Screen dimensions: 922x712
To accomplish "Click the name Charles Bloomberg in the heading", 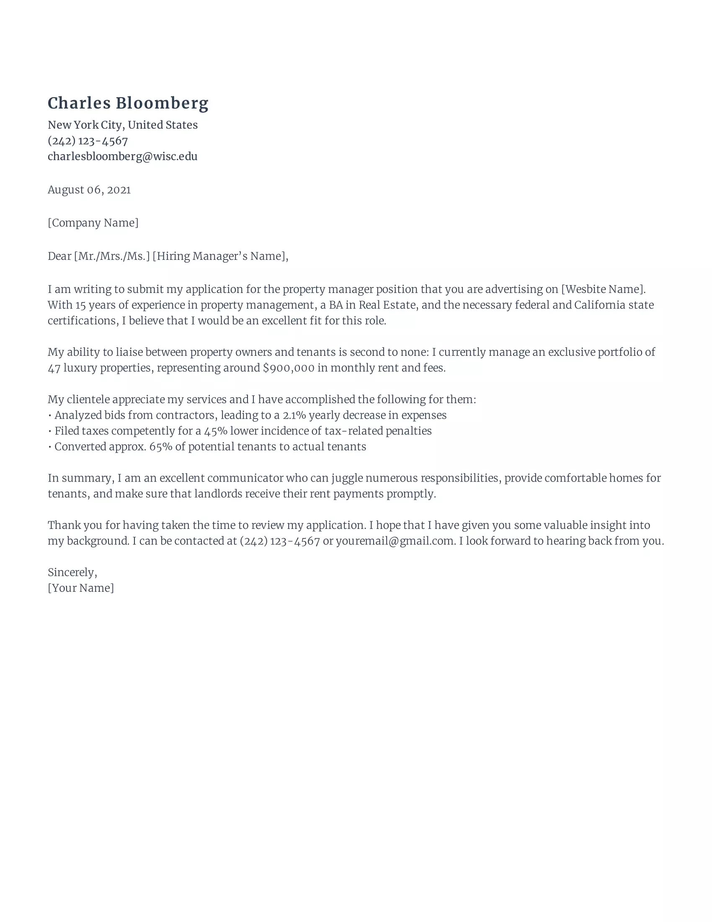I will coord(128,104).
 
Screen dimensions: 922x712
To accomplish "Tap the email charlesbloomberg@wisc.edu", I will coord(122,157).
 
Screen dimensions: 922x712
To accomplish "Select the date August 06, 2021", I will coord(89,190).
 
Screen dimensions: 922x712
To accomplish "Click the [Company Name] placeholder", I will coord(93,223).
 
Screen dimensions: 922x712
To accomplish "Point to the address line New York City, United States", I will coord(122,125).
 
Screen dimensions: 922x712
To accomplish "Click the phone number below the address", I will coord(88,141).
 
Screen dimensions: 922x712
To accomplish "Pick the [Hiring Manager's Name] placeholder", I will coord(219,256).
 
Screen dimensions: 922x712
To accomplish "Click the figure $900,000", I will coord(289,368).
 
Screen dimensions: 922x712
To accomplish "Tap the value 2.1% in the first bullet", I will coord(294,415).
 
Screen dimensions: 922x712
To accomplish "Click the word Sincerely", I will coord(72,572).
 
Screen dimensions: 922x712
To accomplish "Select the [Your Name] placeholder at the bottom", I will coord(80,588).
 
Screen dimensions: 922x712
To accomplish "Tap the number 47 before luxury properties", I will coord(54,368).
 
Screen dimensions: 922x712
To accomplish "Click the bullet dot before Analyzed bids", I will coord(50,416).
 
